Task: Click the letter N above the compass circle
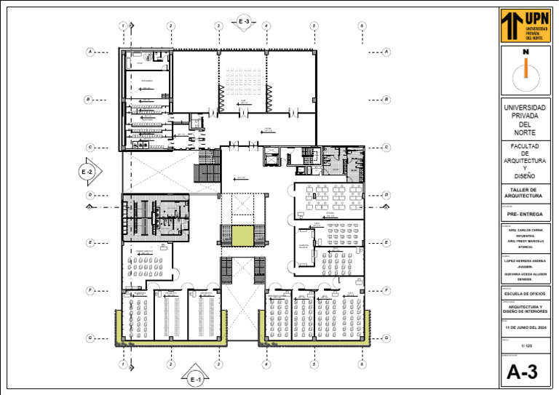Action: [524, 52]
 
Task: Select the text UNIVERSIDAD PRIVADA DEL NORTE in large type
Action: [524, 120]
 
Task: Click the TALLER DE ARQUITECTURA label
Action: [524, 193]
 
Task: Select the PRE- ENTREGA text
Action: [524, 215]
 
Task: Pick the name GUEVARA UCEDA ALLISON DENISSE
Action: [524, 276]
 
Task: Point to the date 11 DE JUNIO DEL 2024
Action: [524, 328]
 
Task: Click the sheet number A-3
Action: [524, 372]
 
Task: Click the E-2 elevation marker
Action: [88, 172]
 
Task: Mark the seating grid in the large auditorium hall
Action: [244, 79]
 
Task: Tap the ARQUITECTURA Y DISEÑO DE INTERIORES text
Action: [524, 309]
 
